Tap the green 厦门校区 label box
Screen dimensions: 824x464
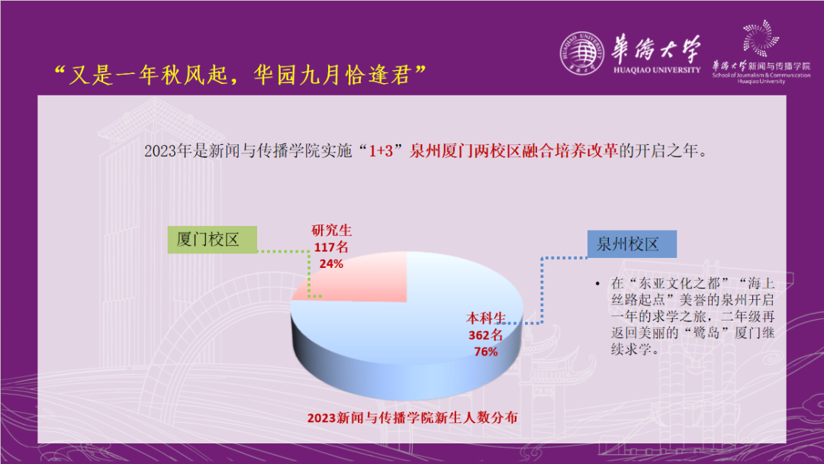click(x=212, y=240)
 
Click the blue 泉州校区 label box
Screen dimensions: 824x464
click(x=632, y=243)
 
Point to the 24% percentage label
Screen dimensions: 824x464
click(x=331, y=264)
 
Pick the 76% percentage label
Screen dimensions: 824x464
click(x=485, y=352)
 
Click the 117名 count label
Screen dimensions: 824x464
click(x=331, y=247)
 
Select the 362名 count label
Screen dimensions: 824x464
click(x=485, y=335)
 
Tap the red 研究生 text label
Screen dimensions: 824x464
click(x=332, y=230)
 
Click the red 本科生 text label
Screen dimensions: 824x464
click(x=486, y=318)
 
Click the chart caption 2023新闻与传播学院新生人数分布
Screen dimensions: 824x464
click(x=413, y=417)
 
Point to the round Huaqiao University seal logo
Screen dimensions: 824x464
click(x=581, y=53)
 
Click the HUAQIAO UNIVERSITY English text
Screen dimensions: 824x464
click(x=657, y=70)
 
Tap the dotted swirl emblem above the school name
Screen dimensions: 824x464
click(x=761, y=38)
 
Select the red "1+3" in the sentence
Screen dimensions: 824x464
click(x=381, y=151)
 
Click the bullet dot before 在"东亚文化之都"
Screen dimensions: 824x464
click(x=597, y=284)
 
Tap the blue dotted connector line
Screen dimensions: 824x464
click(x=542, y=291)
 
